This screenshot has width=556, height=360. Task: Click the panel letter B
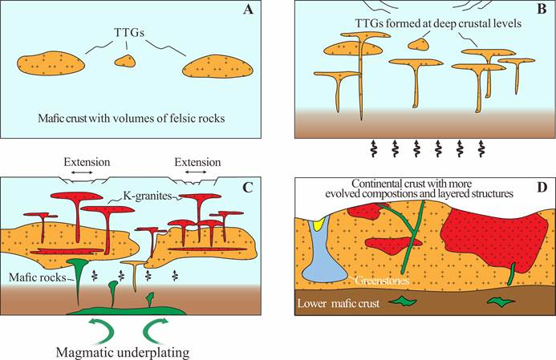point(538,14)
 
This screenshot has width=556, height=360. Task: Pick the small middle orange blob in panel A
point(125,61)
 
